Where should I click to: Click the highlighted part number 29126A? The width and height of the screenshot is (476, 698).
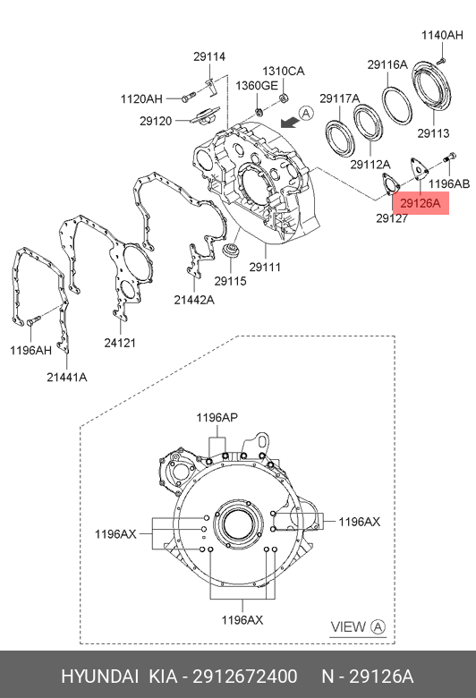[420, 203]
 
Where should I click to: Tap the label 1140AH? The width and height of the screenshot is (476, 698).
[442, 35]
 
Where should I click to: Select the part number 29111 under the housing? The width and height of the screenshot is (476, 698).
[265, 267]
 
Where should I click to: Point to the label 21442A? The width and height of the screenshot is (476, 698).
[194, 300]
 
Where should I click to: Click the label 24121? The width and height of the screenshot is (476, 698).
[120, 343]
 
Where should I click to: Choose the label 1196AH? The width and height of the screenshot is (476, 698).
[30, 350]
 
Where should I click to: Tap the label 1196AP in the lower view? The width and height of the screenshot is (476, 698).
[217, 418]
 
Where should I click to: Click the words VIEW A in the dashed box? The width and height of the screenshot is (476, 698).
[358, 626]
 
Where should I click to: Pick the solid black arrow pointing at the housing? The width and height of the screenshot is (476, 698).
[289, 122]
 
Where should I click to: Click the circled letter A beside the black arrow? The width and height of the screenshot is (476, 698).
[306, 114]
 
